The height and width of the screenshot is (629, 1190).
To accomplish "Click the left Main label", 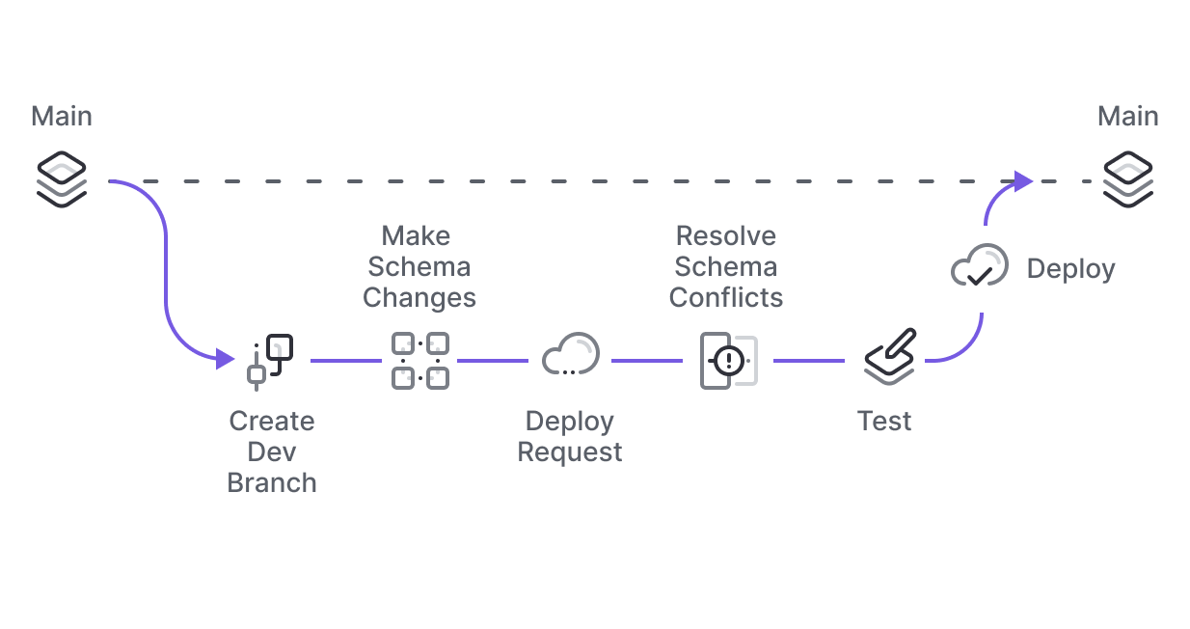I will coord(62,117).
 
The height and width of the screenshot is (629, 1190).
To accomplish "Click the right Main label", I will coord(1127,117).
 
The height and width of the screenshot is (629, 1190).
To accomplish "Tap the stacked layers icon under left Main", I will coord(62,179).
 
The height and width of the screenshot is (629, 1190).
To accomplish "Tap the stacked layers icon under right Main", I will coord(1128,179).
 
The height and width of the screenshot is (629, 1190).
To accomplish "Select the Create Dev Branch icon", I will coord(271,361).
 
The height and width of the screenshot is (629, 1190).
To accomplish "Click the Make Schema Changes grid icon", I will coord(419,361).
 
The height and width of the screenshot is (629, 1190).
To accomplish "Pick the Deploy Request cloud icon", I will coord(570,356).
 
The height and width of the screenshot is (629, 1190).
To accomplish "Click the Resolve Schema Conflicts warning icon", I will coord(728,361).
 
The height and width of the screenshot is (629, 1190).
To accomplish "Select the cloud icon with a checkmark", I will coord(979,266).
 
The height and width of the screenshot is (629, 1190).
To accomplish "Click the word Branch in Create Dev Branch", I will coord(272,482).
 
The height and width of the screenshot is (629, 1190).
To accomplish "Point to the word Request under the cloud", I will coord(570,451).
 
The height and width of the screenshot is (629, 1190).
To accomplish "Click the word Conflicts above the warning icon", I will coord(726,297).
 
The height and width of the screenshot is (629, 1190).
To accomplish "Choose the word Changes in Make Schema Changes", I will coord(419,297).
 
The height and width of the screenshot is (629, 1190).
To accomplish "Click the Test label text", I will coord(884,422).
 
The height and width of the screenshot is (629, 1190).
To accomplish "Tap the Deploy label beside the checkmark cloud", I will coord(1070,268).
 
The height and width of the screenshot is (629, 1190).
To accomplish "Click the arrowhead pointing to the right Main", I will coord(1023,180).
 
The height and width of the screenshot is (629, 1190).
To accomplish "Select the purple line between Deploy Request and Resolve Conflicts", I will coord(646,361).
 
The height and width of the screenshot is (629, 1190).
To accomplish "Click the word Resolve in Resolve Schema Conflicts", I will coord(726,235).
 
